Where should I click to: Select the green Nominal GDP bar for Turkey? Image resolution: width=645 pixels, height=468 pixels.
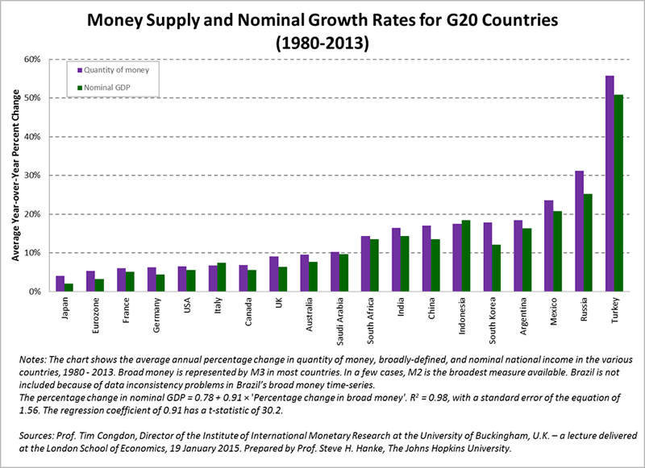(x=618, y=193)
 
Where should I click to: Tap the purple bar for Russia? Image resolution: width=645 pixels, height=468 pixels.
(x=578, y=231)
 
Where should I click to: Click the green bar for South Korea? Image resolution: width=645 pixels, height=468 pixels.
(x=497, y=268)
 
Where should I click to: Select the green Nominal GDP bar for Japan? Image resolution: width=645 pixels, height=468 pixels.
(x=70, y=288)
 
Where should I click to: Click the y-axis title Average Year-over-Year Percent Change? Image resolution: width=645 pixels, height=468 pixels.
(x=15, y=174)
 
